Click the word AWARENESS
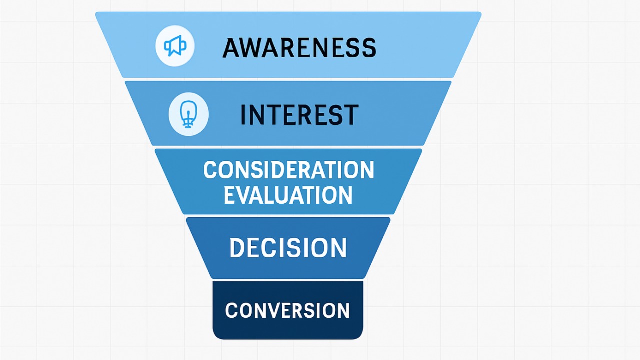(x=299, y=48)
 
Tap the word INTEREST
(x=299, y=115)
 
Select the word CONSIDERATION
(x=289, y=170)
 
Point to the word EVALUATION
(x=288, y=195)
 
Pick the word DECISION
(x=288, y=248)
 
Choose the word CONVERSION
(x=287, y=310)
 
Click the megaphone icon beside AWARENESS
(x=175, y=46)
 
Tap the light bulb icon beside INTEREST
(x=188, y=114)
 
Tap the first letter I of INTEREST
(x=243, y=115)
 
